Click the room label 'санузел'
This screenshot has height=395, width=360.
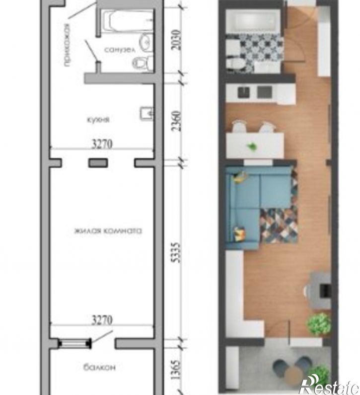pos(120,50)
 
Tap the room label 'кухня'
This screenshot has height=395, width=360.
pos(98,119)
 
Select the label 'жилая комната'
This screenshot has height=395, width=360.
pos(108,231)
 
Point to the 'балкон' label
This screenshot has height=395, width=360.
pos(99,367)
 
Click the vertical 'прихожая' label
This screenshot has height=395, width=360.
pos(67,45)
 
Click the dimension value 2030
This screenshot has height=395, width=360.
pos(177,40)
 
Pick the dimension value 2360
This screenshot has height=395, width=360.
pos(177,121)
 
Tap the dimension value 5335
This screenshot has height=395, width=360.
pos(177,252)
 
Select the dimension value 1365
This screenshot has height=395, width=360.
pos(177,370)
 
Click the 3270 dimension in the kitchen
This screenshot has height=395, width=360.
pos(102,145)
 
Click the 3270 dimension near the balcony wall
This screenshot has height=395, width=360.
pos(102,320)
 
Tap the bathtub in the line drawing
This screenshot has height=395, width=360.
pos(128,21)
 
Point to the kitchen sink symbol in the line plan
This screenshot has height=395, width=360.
pos(147,114)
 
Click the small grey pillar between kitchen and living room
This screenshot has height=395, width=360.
pos(98,163)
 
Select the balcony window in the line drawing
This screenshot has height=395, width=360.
pos(74,344)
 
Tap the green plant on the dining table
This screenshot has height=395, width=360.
pos(252,146)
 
